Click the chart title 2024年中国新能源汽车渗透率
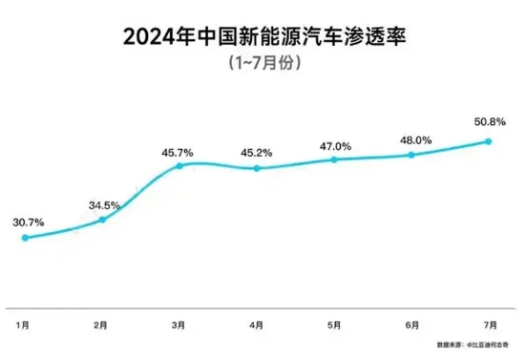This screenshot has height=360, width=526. pos(263,38)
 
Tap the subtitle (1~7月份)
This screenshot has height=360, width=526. pos(263,65)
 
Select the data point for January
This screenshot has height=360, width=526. pos(25,238)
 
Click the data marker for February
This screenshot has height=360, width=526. pos(102,220)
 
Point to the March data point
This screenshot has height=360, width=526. pos(179,166)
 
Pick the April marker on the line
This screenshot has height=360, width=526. pos(257,168)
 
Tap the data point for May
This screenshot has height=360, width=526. pos(334,159)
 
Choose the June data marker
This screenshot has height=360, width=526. pos(411,155)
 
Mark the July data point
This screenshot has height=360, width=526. pos(489,141)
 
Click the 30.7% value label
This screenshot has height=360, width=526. pos(28,222)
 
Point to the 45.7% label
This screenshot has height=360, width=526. pos(179,151)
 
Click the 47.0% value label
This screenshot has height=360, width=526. pos(334,146)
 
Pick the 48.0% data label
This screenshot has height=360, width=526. pos(411,138)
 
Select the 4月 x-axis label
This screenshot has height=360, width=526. pos(257,325)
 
